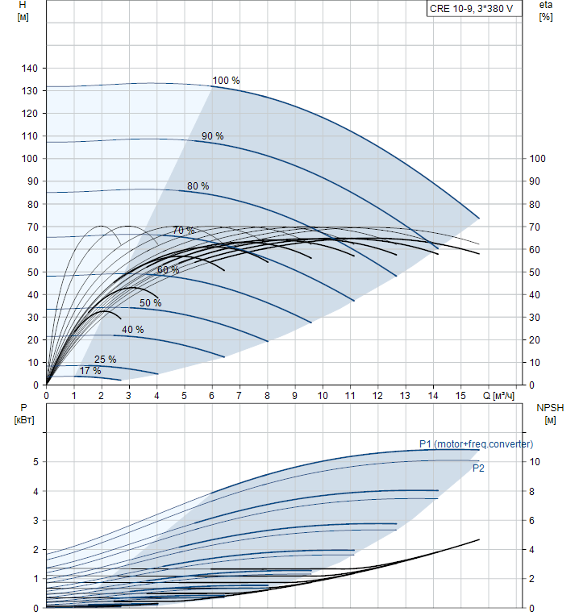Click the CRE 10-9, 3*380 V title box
471,9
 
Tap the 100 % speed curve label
226,81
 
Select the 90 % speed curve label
212,136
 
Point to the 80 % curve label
198,186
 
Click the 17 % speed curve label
90,371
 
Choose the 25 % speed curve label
105,360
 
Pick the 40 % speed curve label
133,330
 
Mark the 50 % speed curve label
150,303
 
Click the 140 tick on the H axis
30,69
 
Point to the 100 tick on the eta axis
538,159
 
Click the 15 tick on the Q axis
460,396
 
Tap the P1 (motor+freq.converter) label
476,443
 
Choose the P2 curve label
478,468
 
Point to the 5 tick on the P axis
34,462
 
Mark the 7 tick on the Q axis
240,396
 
